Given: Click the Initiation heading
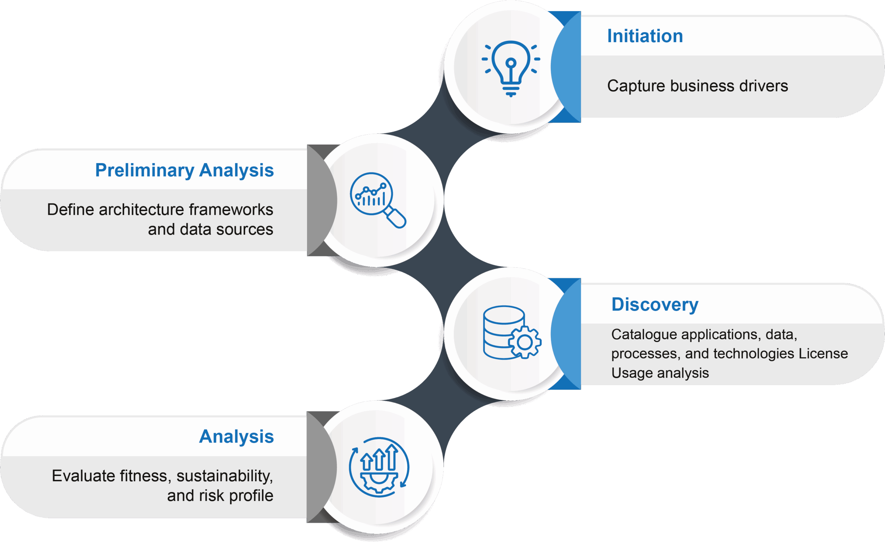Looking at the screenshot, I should coord(645,36).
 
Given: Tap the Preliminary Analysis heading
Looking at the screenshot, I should coord(184,170).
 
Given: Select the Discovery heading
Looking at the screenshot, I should coord(655,305).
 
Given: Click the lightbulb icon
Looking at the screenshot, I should coord(511,67).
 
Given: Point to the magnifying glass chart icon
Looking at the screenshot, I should coord(378,200).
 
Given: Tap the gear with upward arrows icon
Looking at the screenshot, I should coord(379,467).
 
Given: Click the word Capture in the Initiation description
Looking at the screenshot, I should coord(636,86).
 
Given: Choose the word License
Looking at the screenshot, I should coord(823,354).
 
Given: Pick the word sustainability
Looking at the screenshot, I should coord(224,476).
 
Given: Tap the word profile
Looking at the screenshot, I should coord(251,496).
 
